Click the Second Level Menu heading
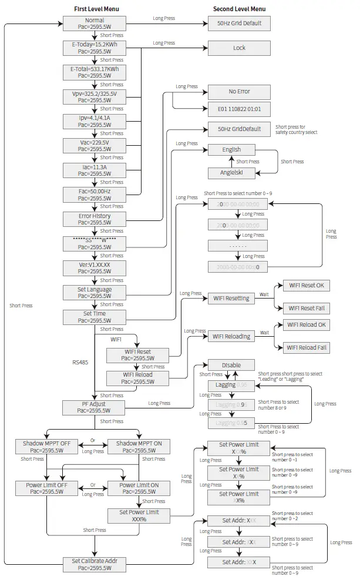pyautogui.click(x=240, y=9)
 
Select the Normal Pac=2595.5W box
pyautogui.click(x=94, y=24)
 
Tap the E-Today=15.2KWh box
pyautogui.click(x=94, y=48)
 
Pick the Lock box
pyautogui.click(x=239, y=48)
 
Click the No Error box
pyautogui.click(x=239, y=92)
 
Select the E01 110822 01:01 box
pyautogui.click(x=239, y=109)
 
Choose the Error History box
pyautogui.click(x=94, y=219)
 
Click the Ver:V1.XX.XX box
pyautogui.click(x=94, y=268)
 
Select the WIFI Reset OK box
pyautogui.click(x=306, y=286)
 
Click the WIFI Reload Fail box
pyautogui.click(x=306, y=348)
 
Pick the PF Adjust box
pyautogui.click(x=94, y=407)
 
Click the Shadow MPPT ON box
pyautogui.click(x=139, y=447)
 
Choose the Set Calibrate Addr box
pyautogui.click(x=94, y=564)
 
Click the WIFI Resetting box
pyautogui.click(x=231, y=299)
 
